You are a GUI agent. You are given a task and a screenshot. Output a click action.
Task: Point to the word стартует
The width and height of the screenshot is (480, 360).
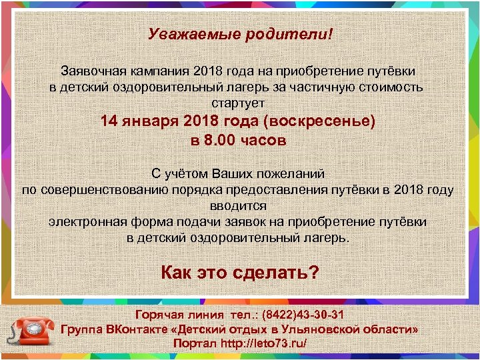pos(238,103)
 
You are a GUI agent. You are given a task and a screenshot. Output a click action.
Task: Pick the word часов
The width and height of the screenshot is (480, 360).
pos(263,141)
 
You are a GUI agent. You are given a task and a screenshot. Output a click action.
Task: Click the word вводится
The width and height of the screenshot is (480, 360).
pos(238,206)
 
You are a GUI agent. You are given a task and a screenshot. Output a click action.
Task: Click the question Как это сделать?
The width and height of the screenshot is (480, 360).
pos(240,272)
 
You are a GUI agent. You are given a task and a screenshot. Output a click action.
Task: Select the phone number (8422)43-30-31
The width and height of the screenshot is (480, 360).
pos(303,315)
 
